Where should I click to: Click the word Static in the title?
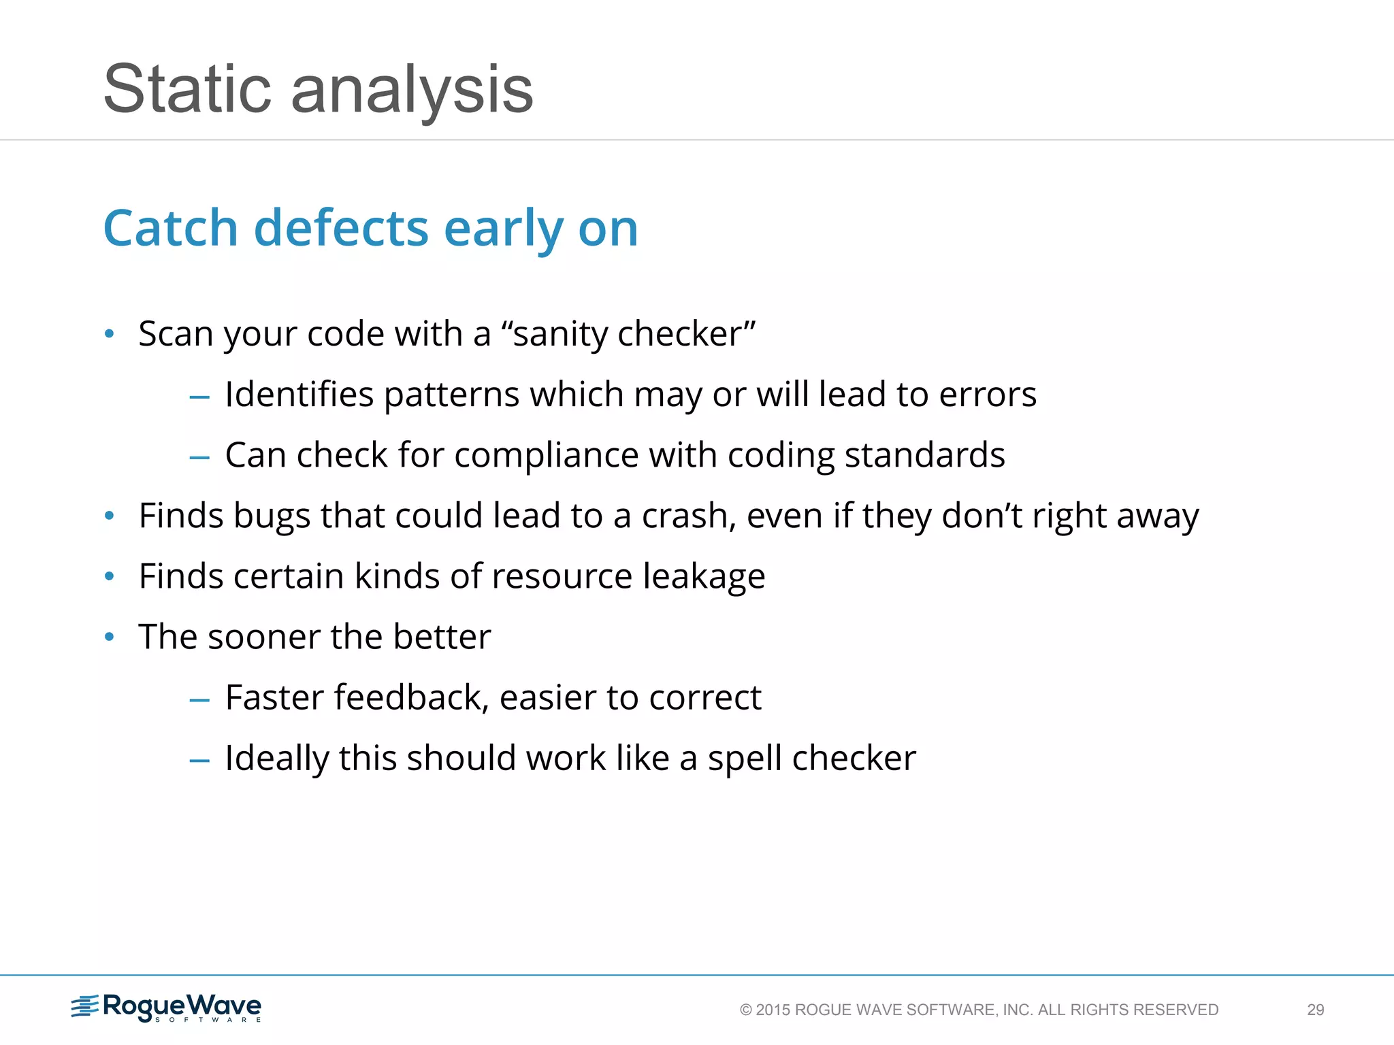tap(187, 90)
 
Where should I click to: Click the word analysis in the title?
tap(412, 90)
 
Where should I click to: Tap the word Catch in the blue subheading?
tap(170, 228)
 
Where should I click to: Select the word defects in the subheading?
tap(341, 228)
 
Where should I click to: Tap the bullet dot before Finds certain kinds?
tap(110, 577)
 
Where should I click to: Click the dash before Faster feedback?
tap(199, 699)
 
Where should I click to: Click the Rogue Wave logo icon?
tap(85, 1006)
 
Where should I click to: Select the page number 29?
tap(1315, 1010)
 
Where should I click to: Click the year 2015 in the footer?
tap(773, 1010)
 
